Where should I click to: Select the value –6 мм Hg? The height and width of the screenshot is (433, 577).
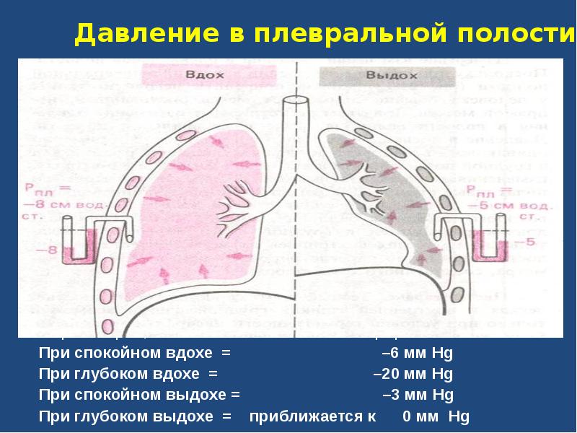pos(417,354)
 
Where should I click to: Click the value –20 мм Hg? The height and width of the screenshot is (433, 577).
pos(413,375)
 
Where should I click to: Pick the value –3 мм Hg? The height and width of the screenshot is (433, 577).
pos(417,395)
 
